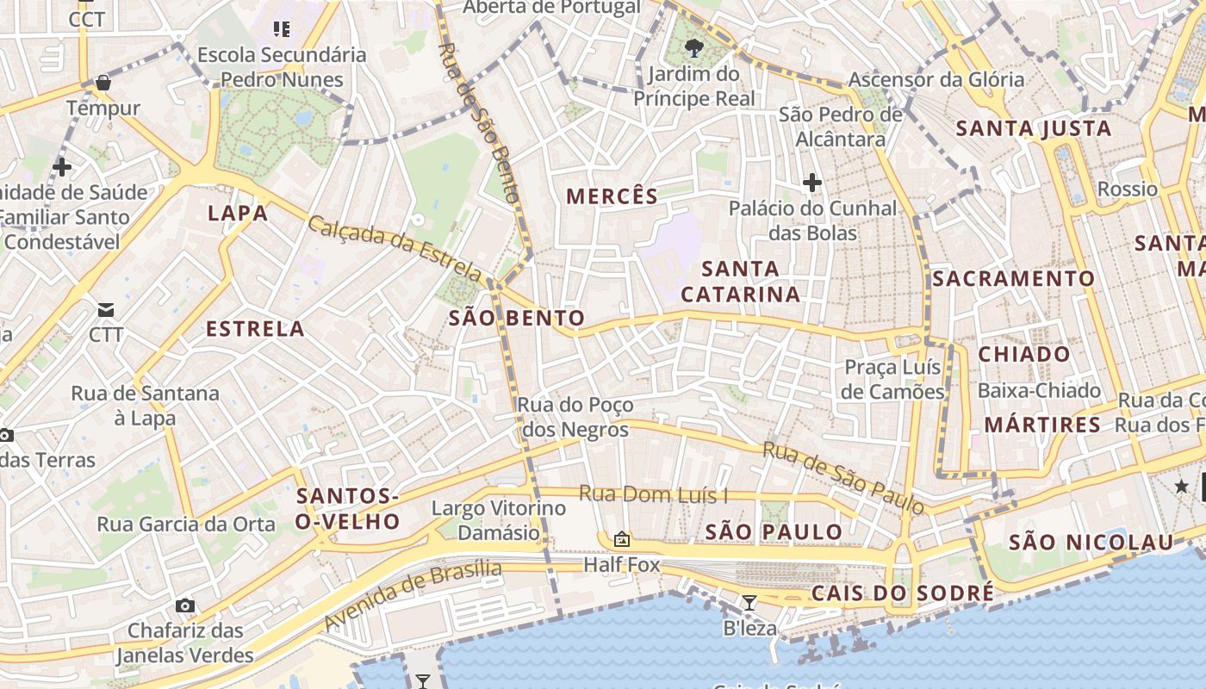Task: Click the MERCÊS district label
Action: [x=612, y=196]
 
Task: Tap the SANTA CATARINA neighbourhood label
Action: [x=741, y=282]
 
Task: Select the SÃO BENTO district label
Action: [x=517, y=319]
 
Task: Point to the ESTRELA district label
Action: [x=255, y=329]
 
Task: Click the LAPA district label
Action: [x=238, y=213]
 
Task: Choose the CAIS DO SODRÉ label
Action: [x=902, y=593]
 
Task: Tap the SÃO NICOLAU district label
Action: [x=1091, y=543]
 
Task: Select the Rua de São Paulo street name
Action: [x=843, y=477]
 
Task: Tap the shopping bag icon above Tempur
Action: [x=103, y=83]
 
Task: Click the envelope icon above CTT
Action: [x=106, y=309]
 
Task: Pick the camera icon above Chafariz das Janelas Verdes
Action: [x=184, y=605]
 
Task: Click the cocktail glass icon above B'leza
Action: [x=749, y=603]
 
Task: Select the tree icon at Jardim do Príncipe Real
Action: [x=694, y=48]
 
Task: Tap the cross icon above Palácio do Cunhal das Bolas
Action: [x=811, y=183]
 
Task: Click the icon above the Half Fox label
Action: [x=621, y=540]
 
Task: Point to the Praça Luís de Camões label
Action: [x=893, y=380]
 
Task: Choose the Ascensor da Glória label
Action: [x=936, y=80]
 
